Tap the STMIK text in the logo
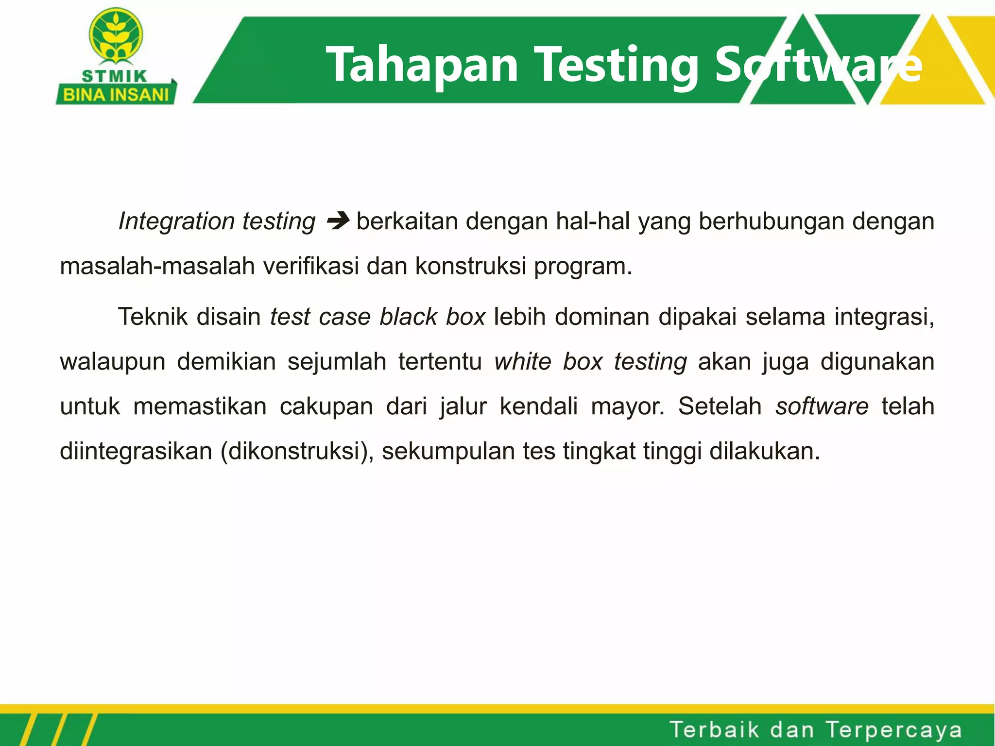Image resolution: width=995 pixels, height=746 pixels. [x=115, y=76]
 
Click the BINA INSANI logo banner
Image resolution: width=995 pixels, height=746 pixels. [x=116, y=94]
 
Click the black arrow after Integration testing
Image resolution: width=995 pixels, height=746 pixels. [x=338, y=221]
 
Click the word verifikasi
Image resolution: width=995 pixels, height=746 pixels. [x=311, y=266]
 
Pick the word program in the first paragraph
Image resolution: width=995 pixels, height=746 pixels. [x=582, y=267]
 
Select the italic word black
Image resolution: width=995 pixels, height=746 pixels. [x=409, y=317]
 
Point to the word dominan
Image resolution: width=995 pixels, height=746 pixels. [x=602, y=317]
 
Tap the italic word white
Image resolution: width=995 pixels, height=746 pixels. [x=523, y=362]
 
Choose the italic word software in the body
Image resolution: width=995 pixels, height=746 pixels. [x=822, y=407]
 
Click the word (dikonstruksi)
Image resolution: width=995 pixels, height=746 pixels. [x=297, y=452]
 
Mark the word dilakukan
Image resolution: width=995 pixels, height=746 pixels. [x=764, y=451]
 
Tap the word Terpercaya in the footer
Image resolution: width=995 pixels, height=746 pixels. [x=893, y=730]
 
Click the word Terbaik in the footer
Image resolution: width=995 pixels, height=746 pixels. [x=714, y=730]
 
